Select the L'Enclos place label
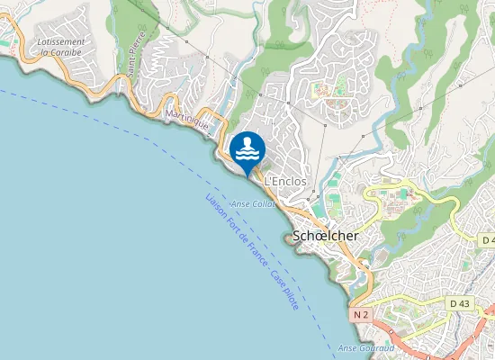(285, 182)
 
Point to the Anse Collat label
(252, 204)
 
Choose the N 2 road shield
(361, 315)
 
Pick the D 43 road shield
(459, 304)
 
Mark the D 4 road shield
(488, 240)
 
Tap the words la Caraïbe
(61, 52)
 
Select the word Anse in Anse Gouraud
(347, 348)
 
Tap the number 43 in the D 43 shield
(464, 304)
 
